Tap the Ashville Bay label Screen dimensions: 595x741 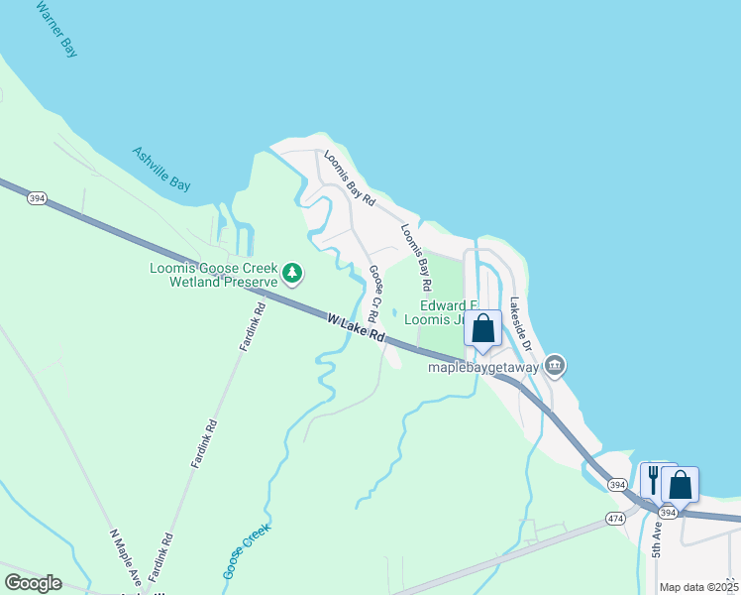click(160, 169)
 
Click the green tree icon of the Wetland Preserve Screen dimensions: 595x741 click(291, 271)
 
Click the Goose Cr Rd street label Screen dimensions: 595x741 click(374, 293)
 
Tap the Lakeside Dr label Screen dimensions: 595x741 click(521, 324)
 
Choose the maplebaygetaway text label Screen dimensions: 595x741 click(482, 367)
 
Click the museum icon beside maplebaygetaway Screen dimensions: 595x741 click(555, 367)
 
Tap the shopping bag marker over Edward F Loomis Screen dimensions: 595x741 click(482, 330)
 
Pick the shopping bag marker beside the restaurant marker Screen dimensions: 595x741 click(680, 485)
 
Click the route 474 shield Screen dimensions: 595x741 click(615, 519)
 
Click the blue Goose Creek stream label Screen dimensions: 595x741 click(246, 551)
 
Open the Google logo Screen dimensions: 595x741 click(33, 583)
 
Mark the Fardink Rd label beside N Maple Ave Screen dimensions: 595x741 click(159, 558)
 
